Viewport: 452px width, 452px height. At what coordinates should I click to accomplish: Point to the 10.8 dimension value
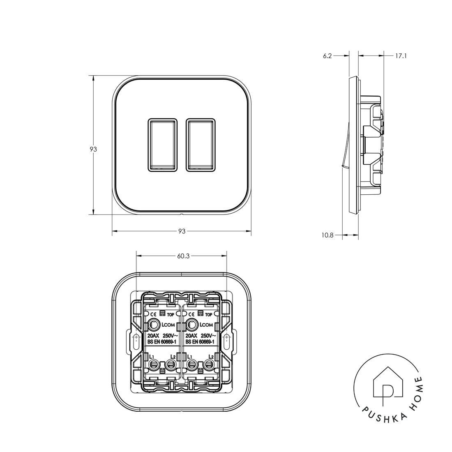coord(328,235)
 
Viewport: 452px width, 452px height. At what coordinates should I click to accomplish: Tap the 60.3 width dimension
coord(183,256)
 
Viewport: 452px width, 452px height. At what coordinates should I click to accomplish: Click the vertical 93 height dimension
coord(93,150)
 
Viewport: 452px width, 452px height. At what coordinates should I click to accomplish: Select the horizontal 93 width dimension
coord(182,231)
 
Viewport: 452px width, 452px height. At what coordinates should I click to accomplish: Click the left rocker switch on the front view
coord(162,145)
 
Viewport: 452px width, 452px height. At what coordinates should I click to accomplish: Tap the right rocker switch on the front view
coord(201,145)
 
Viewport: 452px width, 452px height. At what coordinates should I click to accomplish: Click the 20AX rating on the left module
coord(153,335)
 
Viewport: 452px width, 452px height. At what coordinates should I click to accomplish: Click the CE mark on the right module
coord(191,314)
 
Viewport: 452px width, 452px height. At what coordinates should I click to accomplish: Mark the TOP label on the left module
coord(170,314)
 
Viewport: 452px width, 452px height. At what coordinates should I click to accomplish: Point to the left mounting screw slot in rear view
coord(136,339)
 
